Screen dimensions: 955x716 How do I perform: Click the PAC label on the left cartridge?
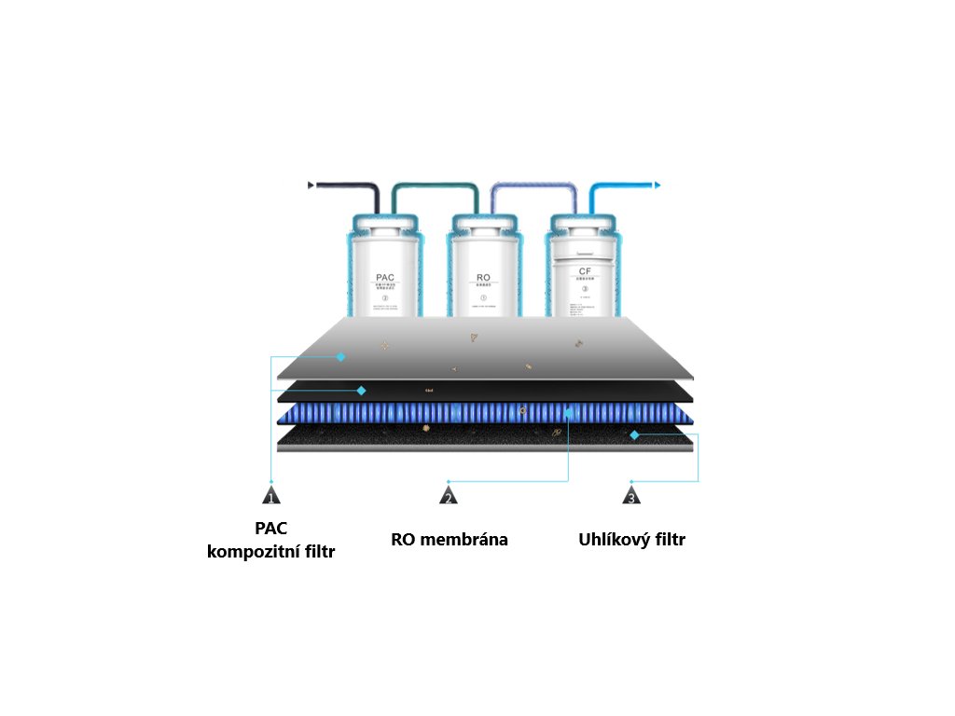(385, 278)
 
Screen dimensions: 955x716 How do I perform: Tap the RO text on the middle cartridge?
(483, 278)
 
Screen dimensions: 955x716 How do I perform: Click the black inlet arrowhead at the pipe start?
(311, 186)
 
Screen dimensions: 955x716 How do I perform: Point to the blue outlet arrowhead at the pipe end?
(657, 186)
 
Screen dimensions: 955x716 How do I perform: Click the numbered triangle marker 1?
(270, 496)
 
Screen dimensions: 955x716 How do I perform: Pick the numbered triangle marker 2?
(449, 496)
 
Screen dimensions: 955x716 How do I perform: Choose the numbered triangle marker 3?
(631, 496)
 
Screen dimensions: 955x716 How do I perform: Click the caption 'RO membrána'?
(450, 540)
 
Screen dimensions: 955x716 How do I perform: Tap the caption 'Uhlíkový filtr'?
(632, 540)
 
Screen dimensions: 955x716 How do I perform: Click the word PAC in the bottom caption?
(270, 528)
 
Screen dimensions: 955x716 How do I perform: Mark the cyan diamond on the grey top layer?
(341, 357)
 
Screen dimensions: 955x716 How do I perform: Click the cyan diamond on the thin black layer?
(361, 391)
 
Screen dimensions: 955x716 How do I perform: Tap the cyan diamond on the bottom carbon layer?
(634, 435)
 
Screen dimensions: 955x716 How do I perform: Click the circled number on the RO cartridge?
(483, 297)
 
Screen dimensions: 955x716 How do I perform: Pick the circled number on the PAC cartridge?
(385, 298)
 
